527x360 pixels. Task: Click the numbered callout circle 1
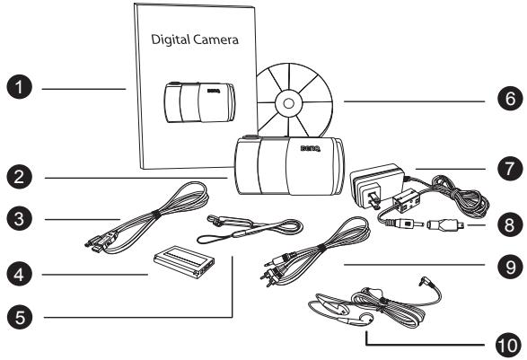(20, 87)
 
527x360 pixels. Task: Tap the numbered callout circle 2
(20, 177)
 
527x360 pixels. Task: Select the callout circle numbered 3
(20, 219)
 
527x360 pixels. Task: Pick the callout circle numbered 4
(20, 274)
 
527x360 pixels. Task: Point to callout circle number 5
(20, 317)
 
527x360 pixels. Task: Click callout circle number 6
(510, 99)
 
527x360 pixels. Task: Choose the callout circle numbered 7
(510, 169)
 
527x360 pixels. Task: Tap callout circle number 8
(510, 224)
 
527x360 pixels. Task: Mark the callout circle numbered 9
(510, 267)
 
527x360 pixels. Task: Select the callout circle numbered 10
(508, 346)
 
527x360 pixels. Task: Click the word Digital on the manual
(171, 40)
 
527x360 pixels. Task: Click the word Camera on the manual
(215, 40)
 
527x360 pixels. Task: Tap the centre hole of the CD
(288, 103)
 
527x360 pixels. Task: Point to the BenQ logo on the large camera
(311, 148)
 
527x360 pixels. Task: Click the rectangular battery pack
(184, 261)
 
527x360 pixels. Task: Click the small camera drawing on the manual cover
(199, 102)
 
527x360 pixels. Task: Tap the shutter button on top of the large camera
(250, 136)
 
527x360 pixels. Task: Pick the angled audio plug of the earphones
(426, 281)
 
